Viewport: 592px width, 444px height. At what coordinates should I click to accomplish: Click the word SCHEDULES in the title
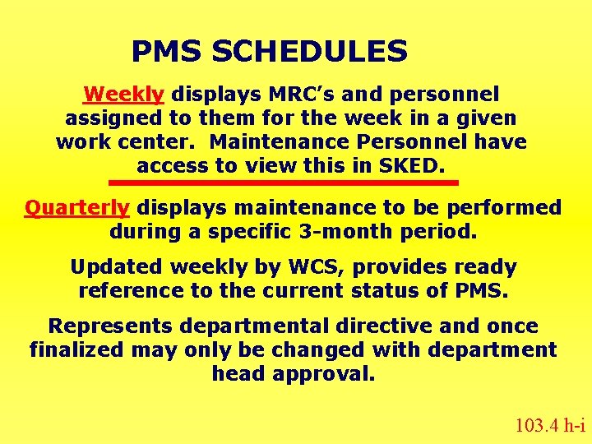309,53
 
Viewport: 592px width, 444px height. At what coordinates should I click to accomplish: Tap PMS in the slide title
167,53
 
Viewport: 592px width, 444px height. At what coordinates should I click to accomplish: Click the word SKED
408,166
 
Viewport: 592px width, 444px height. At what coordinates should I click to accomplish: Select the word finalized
78,350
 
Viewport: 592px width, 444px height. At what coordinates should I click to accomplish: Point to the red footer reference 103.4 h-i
549,425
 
